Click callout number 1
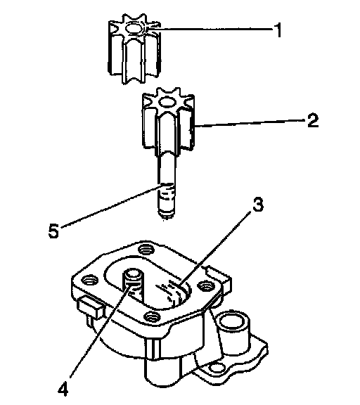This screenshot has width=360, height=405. pos(278,30)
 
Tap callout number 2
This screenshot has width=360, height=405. pos(313,120)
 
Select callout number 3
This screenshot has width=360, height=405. pos(258,205)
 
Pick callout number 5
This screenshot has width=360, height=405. pos(53,231)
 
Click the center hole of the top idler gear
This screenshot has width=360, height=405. pos(134,28)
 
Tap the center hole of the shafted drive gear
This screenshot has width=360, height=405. pos(167,102)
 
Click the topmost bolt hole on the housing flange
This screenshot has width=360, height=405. pos(146,249)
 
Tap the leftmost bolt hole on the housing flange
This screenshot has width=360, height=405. pos(89,281)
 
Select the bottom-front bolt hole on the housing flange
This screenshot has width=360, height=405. pos(153,316)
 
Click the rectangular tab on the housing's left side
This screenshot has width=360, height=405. pos(91,307)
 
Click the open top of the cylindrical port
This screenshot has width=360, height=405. pos(234,322)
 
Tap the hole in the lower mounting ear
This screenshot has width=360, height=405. pos(217,367)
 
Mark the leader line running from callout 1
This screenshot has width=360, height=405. pos(210,28)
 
